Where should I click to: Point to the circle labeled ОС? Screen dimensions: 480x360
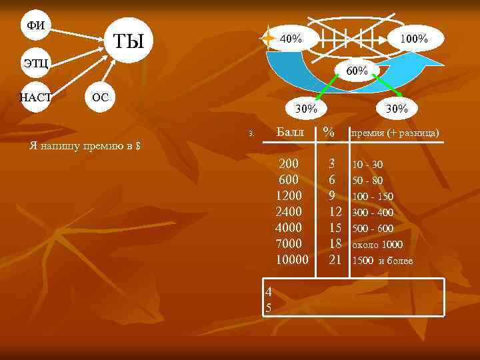tap(99, 97)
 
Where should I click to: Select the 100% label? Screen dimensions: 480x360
tap(414, 39)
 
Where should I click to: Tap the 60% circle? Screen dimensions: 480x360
tap(353, 69)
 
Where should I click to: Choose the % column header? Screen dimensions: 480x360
tap(329, 133)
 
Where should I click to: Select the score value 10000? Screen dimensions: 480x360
tap(292, 259)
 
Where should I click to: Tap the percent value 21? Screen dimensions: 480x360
tap(335, 259)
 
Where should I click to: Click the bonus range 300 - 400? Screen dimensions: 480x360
tap(373, 213)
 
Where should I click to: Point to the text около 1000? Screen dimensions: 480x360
tap(377, 245)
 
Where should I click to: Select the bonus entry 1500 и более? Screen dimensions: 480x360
tap(382, 261)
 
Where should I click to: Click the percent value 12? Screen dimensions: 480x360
tap(335, 211)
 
